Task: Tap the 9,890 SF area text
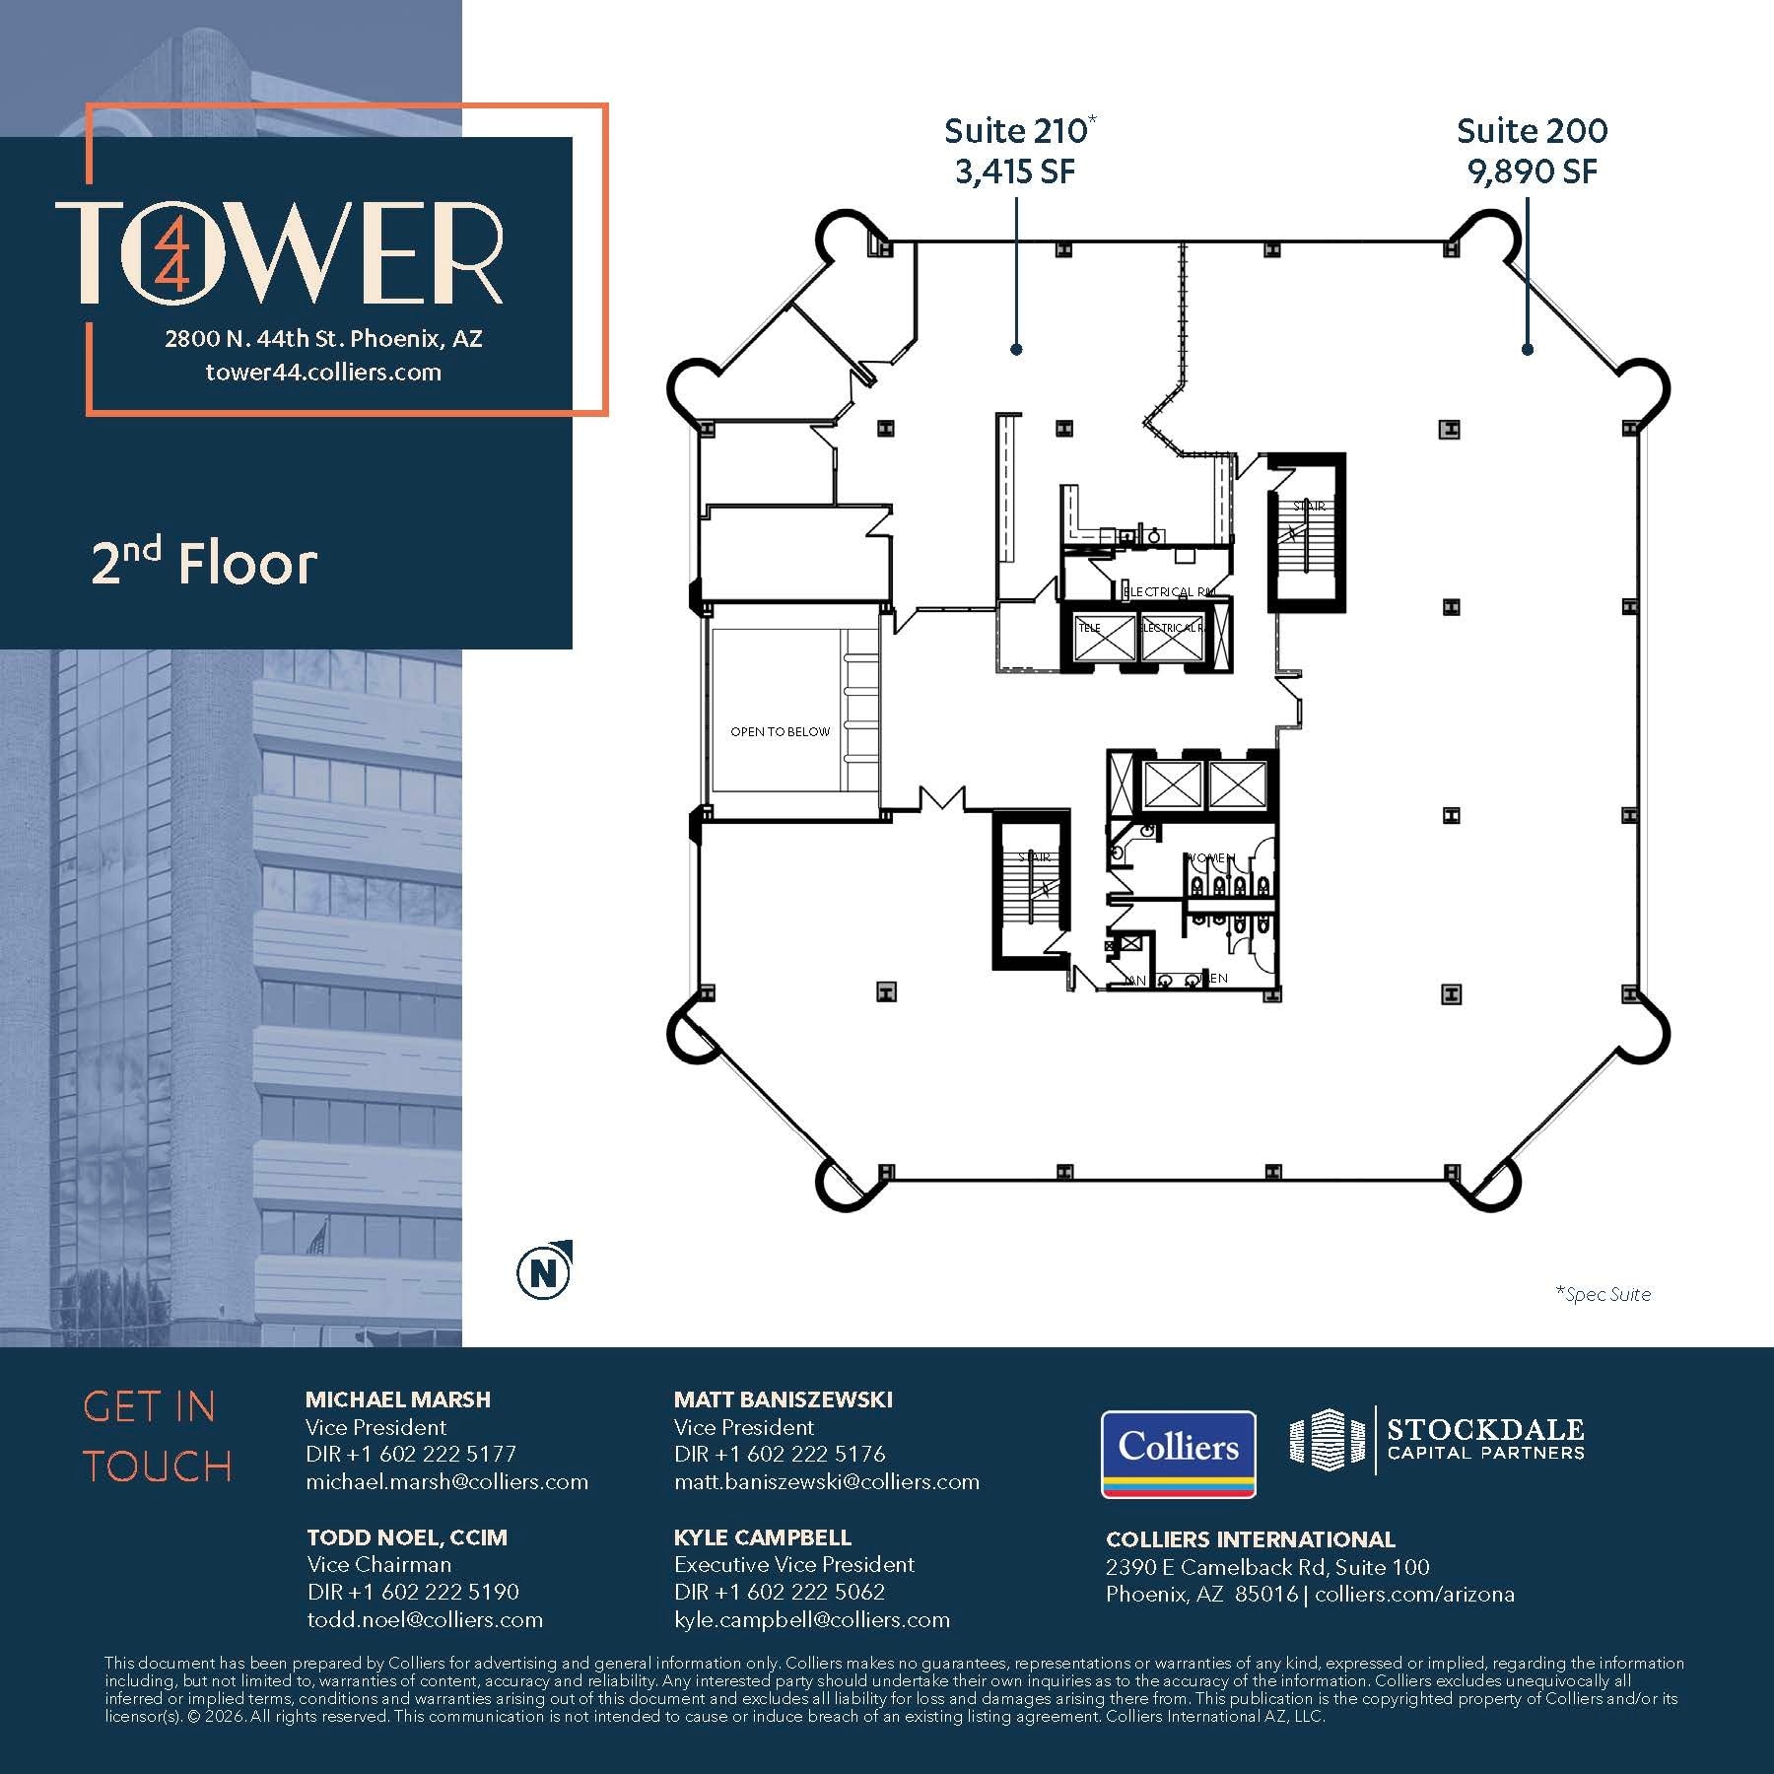click(1532, 172)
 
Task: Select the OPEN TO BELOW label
click(780, 731)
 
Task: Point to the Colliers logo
click(1178, 1454)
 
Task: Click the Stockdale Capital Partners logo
click(1437, 1440)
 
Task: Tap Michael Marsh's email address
click(446, 1481)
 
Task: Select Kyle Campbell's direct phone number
click(780, 1592)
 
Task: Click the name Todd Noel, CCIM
click(407, 1537)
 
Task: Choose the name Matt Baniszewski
click(784, 1399)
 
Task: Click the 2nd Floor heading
click(204, 564)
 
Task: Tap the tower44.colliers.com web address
click(323, 373)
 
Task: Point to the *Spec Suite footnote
click(1603, 1294)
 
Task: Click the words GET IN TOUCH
click(158, 1437)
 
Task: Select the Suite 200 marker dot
click(1528, 349)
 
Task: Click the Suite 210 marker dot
click(1016, 349)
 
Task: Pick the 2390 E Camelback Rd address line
click(1267, 1567)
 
